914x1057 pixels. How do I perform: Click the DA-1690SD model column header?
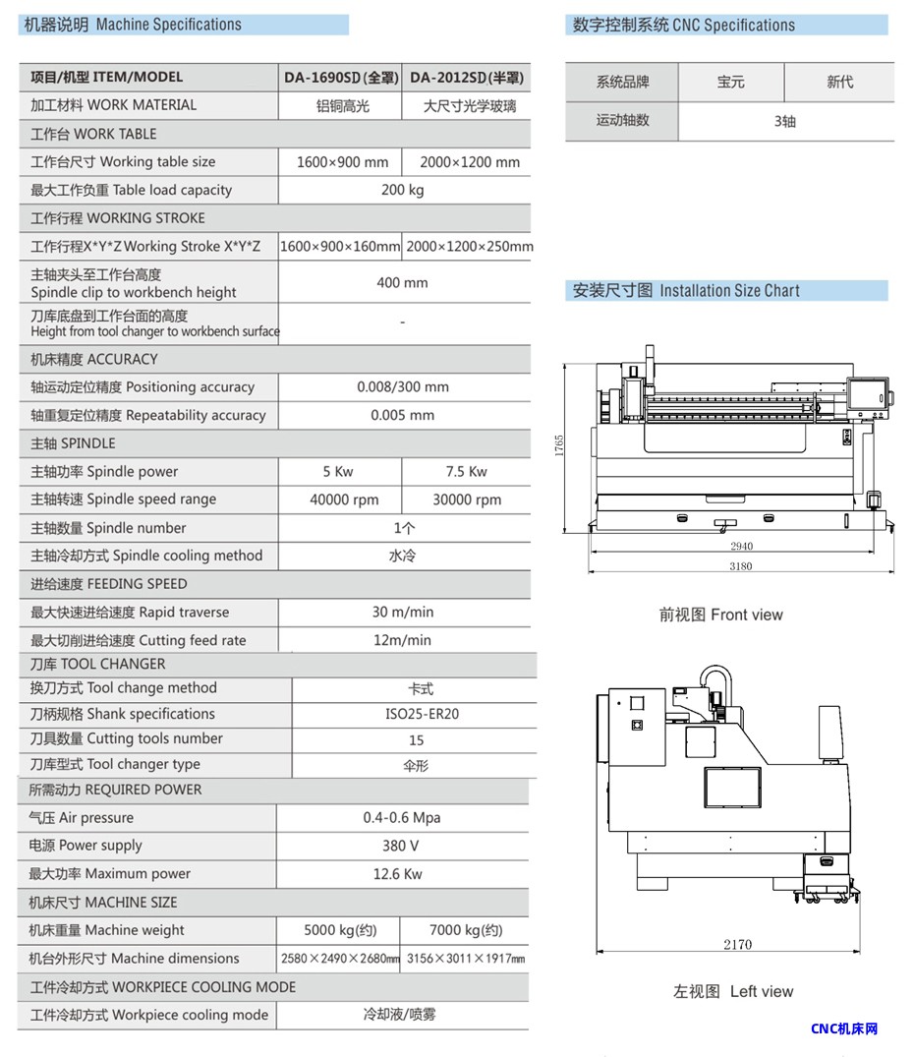(x=340, y=78)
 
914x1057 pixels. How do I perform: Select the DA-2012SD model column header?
(x=466, y=78)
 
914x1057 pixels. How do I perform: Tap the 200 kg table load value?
(x=403, y=190)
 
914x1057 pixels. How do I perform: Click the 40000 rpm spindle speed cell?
(x=344, y=499)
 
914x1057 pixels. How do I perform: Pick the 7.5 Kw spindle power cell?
(x=467, y=471)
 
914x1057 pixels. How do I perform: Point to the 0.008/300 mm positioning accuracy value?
(x=403, y=387)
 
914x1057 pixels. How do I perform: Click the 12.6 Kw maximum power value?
(x=398, y=874)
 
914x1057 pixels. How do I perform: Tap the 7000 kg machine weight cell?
(x=466, y=930)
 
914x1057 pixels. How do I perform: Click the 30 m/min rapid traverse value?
(x=403, y=612)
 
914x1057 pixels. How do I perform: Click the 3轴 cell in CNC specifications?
(x=785, y=121)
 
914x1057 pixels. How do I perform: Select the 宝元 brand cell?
(x=730, y=83)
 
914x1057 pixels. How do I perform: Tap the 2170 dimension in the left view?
(x=738, y=944)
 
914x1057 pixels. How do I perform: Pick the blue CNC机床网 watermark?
(x=844, y=1029)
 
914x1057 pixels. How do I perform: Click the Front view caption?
(x=721, y=615)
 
